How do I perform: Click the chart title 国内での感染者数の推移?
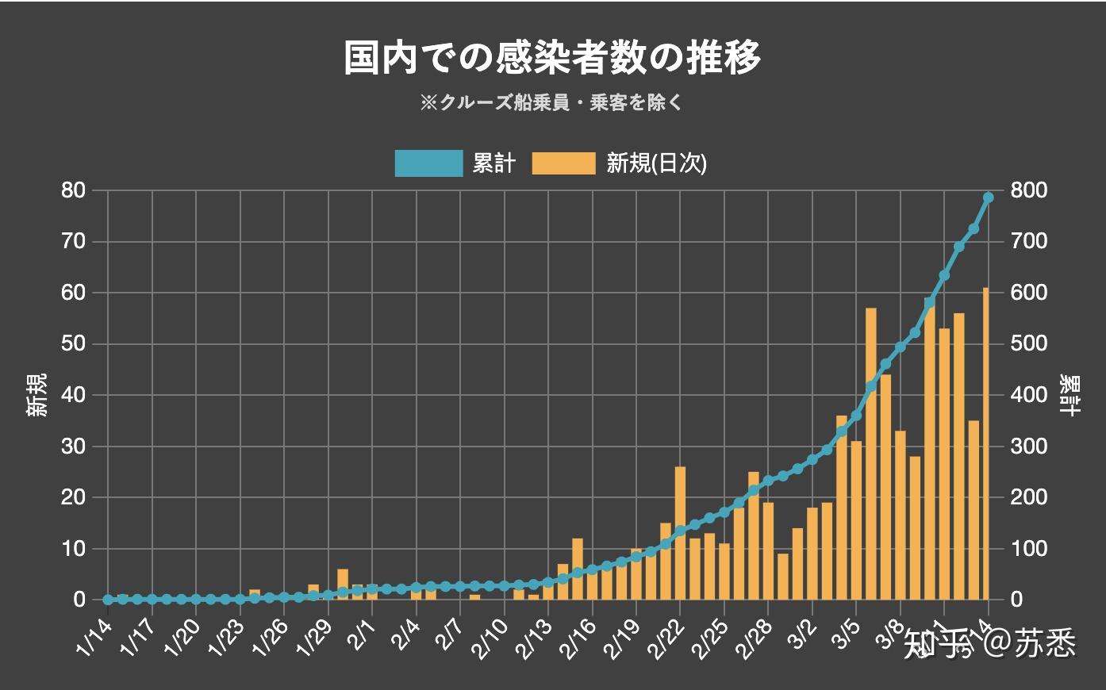[552, 58]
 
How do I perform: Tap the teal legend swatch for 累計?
[428, 163]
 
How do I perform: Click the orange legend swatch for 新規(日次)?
[563, 163]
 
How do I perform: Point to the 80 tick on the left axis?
[74, 190]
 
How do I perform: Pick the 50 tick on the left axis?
[74, 344]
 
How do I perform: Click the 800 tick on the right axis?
[1028, 190]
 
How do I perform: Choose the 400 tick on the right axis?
[1028, 395]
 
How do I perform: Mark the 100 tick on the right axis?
[1028, 549]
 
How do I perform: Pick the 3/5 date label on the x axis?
[843, 638]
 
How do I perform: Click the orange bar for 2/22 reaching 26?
[680, 533]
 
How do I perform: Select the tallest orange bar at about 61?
[986, 444]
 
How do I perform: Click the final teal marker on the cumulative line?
[989, 197]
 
